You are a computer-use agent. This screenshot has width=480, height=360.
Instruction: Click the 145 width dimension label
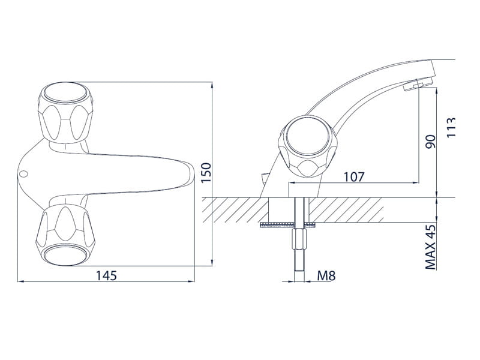pos(107,275)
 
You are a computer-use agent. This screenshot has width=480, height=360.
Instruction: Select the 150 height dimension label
pos(207,173)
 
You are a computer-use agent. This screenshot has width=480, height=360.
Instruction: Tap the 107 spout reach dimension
pos(354,177)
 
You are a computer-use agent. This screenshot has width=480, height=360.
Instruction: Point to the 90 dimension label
pos(430,142)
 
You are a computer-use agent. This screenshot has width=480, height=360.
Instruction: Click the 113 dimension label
pos(451,127)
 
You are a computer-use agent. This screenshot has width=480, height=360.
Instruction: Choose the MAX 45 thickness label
pos(431,247)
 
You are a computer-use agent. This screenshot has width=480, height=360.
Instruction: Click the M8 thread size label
pos(326,275)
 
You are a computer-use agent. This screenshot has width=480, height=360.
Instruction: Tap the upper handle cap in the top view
pos(65,92)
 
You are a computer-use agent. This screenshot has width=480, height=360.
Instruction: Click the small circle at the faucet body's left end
pos(23,174)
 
